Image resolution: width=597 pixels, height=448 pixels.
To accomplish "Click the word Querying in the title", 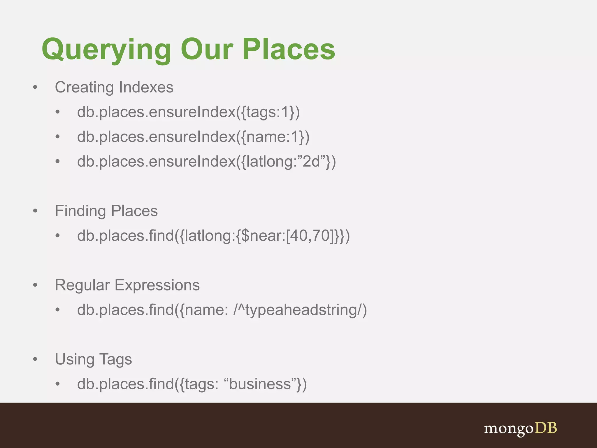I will [x=106, y=50].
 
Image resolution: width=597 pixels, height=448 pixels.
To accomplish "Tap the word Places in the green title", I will [x=289, y=50].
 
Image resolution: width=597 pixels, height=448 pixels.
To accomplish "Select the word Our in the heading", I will [x=207, y=50].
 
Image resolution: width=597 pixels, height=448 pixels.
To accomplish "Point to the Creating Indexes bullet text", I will [x=114, y=87].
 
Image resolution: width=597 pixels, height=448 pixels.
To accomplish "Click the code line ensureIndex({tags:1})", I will [x=188, y=112].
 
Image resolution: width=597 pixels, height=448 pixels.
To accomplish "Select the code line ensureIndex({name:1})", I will [x=193, y=137].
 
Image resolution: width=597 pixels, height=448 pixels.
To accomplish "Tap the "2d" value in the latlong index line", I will [x=311, y=162].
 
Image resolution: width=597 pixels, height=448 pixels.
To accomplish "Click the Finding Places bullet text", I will [x=106, y=211].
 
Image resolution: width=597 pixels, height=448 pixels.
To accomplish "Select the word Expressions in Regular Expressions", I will [x=157, y=285].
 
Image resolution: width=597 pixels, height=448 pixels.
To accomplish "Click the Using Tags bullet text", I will [x=93, y=359].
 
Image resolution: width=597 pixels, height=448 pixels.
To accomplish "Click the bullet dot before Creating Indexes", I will [x=35, y=87].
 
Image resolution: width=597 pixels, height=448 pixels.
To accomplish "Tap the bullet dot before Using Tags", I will [x=35, y=359].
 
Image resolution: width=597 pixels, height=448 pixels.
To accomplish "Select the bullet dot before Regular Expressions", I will [x=35, y=285].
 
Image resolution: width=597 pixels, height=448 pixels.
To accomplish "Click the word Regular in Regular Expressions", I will [x=82, y=285].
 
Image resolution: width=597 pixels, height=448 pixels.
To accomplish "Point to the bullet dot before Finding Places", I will [x=35, y=211].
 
